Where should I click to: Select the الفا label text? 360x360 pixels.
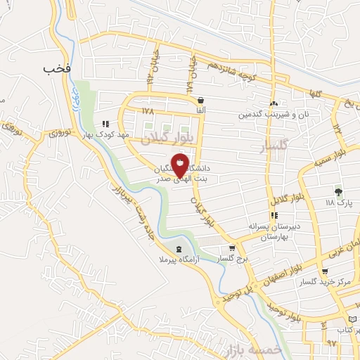coord(201,111)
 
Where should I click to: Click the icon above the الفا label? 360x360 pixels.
coord(201,100)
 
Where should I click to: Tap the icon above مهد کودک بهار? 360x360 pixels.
coord(105,123)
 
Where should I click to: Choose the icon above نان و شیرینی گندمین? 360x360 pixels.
coord(274,103)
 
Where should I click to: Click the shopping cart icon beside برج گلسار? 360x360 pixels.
coord(232,248)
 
